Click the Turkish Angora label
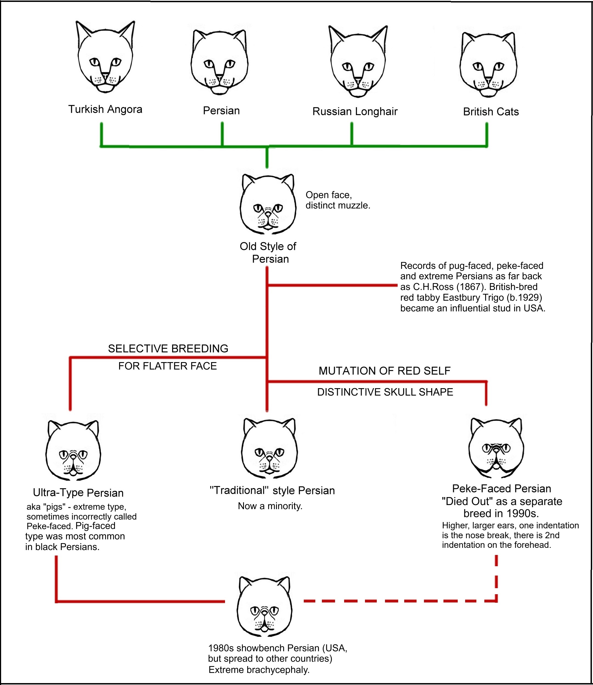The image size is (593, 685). point(105,109)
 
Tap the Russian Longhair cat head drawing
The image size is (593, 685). point(358,61)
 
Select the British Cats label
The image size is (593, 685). point(491,112)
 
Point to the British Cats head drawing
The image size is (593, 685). point(488,64)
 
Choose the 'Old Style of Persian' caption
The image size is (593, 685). point(268,252)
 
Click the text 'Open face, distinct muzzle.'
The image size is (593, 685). point(338,200)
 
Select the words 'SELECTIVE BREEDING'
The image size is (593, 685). point(168,349)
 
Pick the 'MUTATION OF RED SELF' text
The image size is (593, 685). point(384,371)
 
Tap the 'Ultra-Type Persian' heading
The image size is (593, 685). point(78,493)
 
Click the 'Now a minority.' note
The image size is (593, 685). point(270,506)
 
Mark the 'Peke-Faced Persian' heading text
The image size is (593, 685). point(502,489)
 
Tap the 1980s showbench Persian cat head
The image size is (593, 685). point(265,607)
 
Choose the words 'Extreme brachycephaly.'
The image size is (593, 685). point(259,670)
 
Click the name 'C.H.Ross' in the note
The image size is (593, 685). point(433,287)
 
